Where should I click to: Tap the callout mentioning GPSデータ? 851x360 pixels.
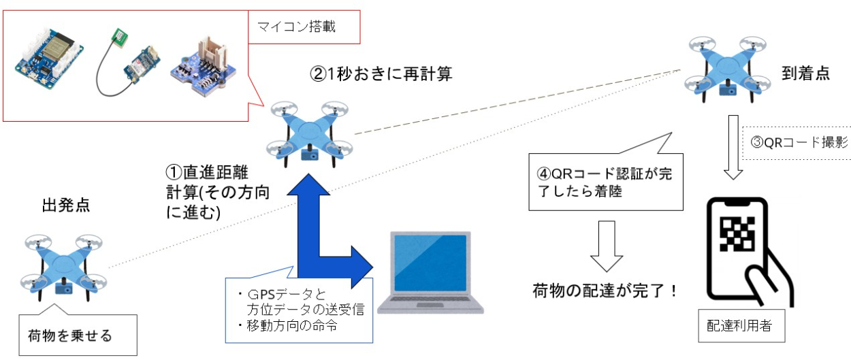click(x=300, y=310)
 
